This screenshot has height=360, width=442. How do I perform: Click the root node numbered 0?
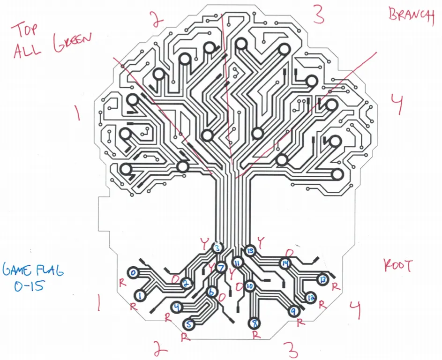(x=133, y=273)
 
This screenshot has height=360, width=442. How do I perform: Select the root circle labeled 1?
(x=140, y=295)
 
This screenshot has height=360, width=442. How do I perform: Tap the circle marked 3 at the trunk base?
(x=217, y=248)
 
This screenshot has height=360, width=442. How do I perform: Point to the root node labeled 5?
(x=189, y=324)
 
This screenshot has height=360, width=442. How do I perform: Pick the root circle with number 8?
(x=254, y=323)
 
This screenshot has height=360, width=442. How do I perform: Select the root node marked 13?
(x=322, y=279)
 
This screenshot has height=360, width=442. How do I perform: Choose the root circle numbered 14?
(x=285, y=264)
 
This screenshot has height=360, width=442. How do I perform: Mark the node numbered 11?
(x=238, y=263)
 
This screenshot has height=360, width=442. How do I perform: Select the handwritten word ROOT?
(x=397, y=266)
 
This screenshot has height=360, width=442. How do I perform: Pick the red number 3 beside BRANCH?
(x=319, y=14)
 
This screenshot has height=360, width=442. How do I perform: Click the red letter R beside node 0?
(x=122, y=283)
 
